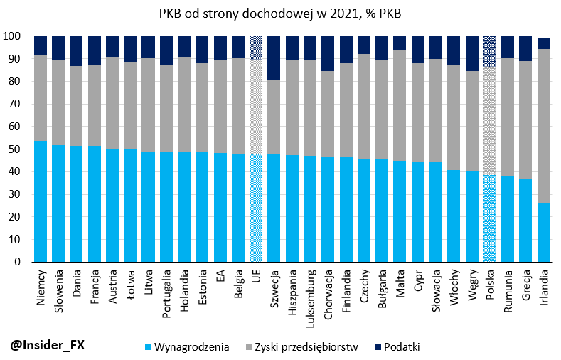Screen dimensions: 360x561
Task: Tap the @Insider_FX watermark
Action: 48,345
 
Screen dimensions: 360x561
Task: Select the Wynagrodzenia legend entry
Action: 186,347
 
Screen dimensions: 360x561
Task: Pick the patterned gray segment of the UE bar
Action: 256,107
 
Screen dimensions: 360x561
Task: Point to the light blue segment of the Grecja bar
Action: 526,221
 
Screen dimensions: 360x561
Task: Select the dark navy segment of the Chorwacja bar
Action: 328,53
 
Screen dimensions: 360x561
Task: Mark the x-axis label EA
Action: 220,277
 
